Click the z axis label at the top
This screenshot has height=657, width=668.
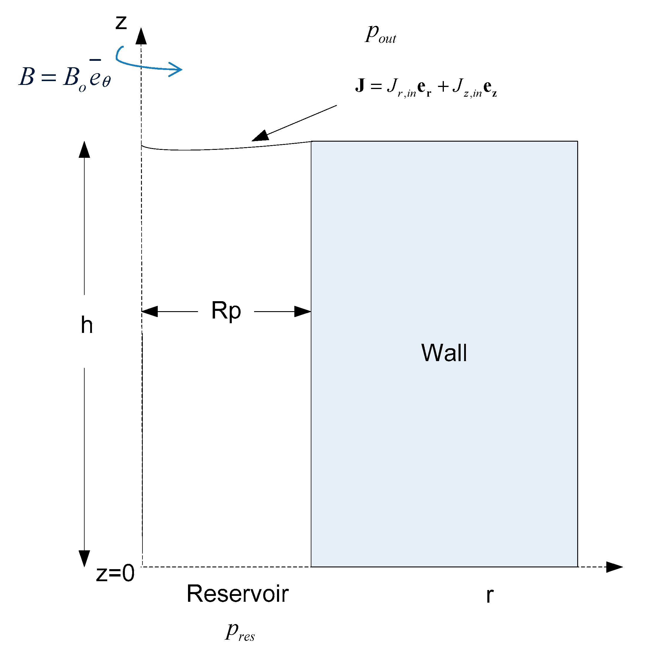tap(121, 22)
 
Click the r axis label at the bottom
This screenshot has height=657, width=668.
tap(489, 595)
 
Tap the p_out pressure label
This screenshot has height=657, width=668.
tap(380, 34)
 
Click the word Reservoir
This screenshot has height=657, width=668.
tap(237, 594)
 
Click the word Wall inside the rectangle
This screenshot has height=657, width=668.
tap(444, 353)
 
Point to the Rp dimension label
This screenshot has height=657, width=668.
tap(226, 311)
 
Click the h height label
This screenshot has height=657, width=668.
tap(87, 325)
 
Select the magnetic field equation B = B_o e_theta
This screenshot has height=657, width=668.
tap(65, 77)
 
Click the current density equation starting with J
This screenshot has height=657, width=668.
tap(425, 87)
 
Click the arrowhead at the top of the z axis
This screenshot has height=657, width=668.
tap(141, 36)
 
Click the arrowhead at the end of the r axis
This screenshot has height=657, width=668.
tap(614, 567)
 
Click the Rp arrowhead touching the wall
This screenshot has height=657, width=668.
tap(303, 311)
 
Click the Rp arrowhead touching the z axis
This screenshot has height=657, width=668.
tap(150, 311)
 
